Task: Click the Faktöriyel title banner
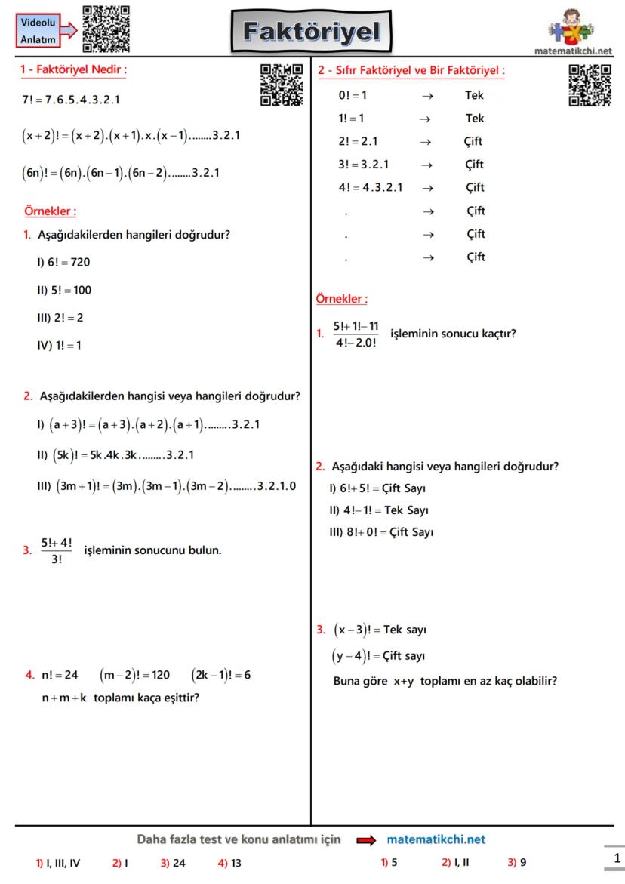[x=312, y=32]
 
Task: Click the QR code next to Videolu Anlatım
[x=106, y=29]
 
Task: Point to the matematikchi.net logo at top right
[x=572, y=34]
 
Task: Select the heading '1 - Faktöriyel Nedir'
[x=73, y=70]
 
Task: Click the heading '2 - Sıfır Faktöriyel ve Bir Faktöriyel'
[x=411, y=71]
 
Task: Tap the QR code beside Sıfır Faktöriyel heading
[x=590, y=85]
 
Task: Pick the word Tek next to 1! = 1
[x=474, y=119]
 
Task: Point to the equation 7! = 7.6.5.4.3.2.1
[x=71, y=100]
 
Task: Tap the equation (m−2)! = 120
[x=135, y=675]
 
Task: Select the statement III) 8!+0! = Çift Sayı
[x=381, y=532]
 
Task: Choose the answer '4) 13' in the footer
[x=229, y=863]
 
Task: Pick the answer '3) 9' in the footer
[x=517, y=862]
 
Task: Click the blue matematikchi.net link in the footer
[x=436, y=839]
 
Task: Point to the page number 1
[x=617, y=858]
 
